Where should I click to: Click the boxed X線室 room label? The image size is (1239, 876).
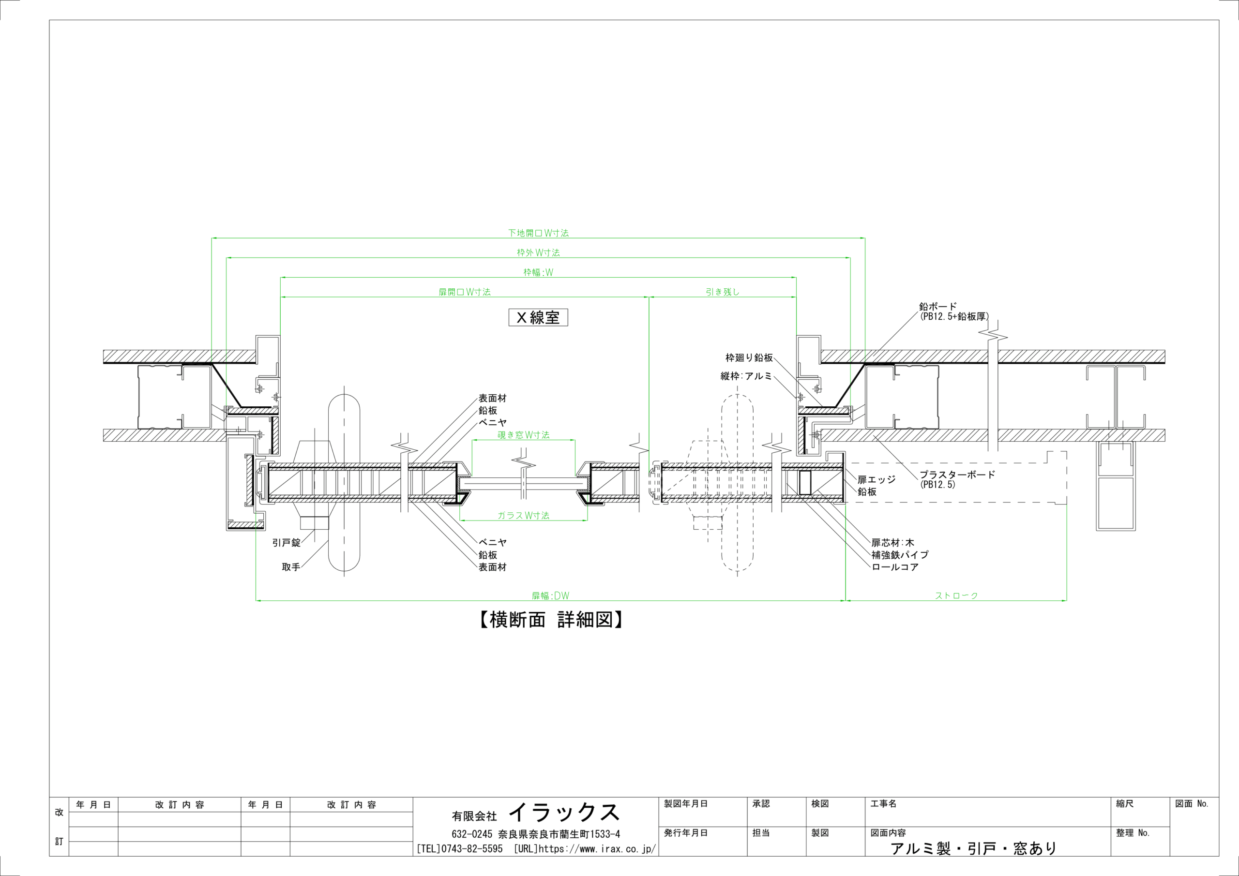[x=538, y=317]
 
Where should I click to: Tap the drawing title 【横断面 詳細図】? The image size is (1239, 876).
[x=551, y=620]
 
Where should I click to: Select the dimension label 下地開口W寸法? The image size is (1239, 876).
[x=538, y=233]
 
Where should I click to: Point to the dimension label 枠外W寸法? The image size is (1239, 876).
[x=538, y=252]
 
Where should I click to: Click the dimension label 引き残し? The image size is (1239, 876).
[x=723, y=292]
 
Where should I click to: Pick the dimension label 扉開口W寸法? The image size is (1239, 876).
[x=464, y=292]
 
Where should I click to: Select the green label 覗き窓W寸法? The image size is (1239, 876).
[x=524, y=435]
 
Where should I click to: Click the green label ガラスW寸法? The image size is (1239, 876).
[x=524, y=516]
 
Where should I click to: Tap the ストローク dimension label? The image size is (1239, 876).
[x=956, y=595]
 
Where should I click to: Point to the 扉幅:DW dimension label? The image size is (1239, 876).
[x=550, y=595]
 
